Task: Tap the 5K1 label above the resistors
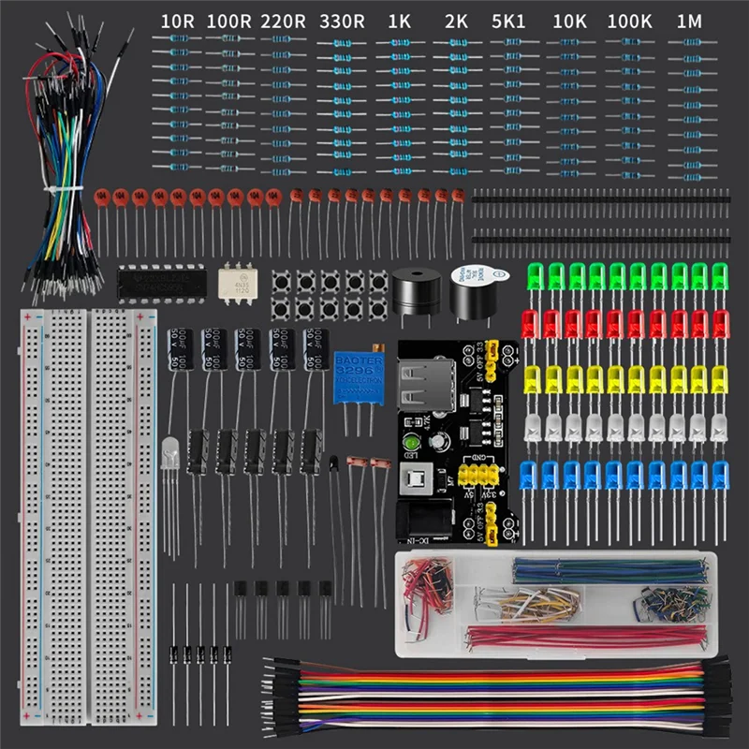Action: click(508, 20)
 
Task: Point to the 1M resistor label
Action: click(688, 20)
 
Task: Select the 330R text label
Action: click(340, 20)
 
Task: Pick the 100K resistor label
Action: click(629, 20)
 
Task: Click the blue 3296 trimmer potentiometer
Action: click(357, 377)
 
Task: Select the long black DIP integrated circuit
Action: click(161, 281)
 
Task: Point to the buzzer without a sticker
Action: click(415, 292)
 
